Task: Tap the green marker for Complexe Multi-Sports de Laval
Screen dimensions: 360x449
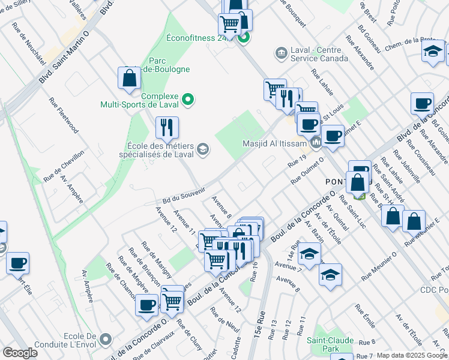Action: [187, 99]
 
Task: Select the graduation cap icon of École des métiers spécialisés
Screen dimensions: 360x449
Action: [203, 149]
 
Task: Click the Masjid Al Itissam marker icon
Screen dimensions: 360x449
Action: [316, 143]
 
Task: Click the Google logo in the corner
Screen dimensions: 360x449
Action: [20, 352]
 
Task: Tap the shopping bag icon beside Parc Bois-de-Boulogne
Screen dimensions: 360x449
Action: [129, 78]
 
